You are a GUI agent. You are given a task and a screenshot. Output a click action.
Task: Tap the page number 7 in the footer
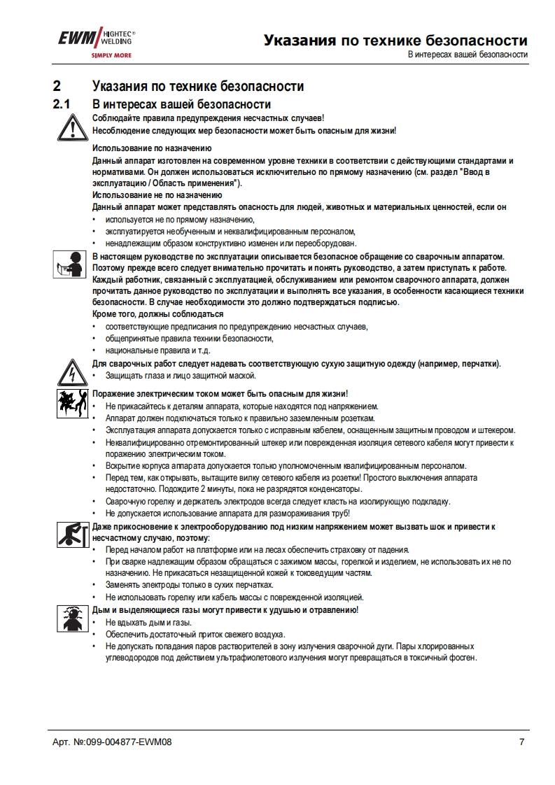click(x=521, y=742)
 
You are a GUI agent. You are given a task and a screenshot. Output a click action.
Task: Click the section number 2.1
click(x=63, y=104)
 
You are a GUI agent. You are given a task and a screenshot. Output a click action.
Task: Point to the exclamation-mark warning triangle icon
click(x=70, y=127)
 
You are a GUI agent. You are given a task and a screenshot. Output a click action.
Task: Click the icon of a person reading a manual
click(x=70, y=263)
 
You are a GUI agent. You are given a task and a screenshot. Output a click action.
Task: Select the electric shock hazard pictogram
click(x=70, y=405)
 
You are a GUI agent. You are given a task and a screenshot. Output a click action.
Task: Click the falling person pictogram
click(x=70, y=534)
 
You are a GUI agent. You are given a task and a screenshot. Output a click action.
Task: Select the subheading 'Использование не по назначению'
click(x=157, y=195)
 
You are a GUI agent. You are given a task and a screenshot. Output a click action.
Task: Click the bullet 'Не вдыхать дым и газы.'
click(x=148, y=622)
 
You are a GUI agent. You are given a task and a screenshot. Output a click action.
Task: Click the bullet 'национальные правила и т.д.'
click(x=157, y=350)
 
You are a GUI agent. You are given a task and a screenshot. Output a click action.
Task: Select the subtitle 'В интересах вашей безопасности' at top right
click(x=468, y=55)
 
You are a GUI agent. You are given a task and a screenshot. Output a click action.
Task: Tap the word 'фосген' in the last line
click(x=462, y=658)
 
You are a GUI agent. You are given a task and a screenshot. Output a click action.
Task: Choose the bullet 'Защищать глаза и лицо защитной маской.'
click(x=179, y=376)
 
